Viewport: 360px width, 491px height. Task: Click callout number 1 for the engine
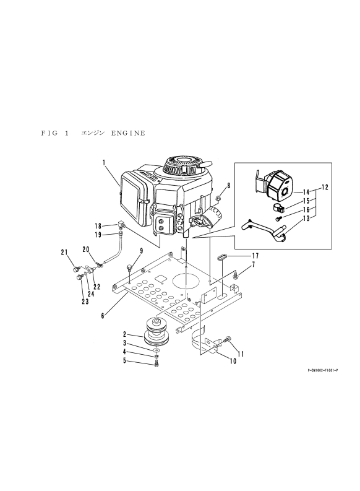(x=104, y=163)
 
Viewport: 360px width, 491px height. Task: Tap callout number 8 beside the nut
(x=229, y=186)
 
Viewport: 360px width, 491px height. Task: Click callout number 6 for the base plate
(x=103, y=316)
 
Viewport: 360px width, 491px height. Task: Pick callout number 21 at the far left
(x=64, y=252)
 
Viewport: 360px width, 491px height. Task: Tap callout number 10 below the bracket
(x=233, y=361)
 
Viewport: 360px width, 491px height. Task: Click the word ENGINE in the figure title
(x=128, y=133)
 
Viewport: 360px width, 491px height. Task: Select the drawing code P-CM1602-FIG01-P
(x=323, y=370)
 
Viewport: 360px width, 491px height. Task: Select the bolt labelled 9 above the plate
(x=130, y=268)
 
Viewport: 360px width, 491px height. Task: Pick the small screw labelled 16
(x=279, y=217)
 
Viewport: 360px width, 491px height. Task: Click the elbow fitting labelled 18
(x=122, y=225)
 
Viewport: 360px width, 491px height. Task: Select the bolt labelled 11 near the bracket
(x=227, y=339)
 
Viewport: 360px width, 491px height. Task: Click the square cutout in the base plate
(x=161, y=279)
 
